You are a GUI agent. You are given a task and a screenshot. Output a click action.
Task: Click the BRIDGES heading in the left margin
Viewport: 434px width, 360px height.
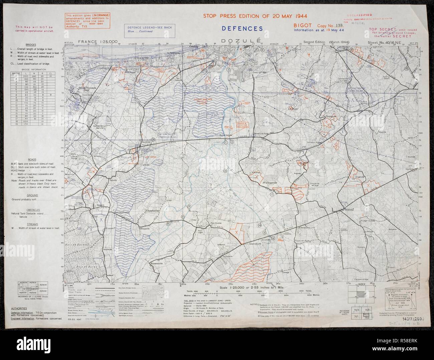[33, 44]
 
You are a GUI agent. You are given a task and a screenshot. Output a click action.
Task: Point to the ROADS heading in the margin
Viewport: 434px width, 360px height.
[32, 159]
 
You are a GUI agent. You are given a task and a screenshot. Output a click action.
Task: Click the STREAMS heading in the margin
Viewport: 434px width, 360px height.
[32, 224]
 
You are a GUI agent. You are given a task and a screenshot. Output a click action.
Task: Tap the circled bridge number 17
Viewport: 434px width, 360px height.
[272, 194]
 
